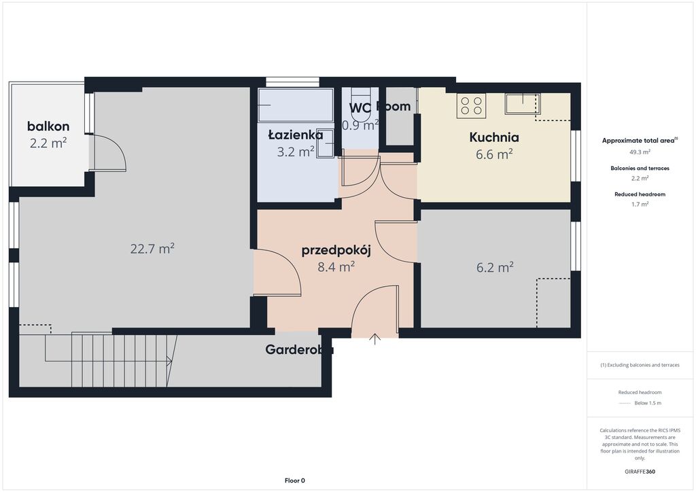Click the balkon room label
point(48,126)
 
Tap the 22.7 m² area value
point(152,249)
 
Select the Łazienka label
point(295,135)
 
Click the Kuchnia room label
point(494,137)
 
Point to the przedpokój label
point(336,250)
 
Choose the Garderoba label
point(299,350)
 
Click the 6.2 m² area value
point(494,268)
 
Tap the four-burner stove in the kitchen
point(471,105)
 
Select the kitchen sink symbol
point(521,104)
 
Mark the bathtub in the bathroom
point(295,105)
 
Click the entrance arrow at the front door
point(375,339)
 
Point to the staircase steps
point(122,358)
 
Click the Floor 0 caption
point(294,480)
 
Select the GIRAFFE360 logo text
point(640,471)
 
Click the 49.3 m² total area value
point(640,152)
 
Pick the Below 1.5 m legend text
point(647,403)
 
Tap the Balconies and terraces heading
point(640,168)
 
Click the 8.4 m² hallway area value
point(336,267)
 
